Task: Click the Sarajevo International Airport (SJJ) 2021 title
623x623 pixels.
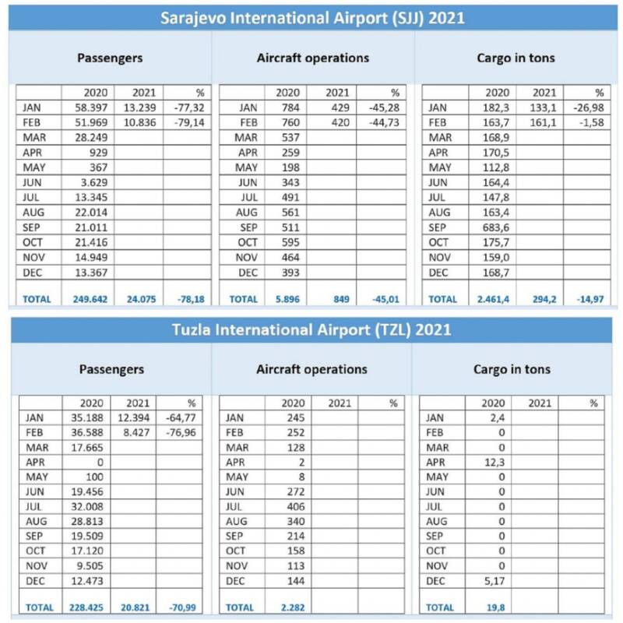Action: click(x=311, y=18)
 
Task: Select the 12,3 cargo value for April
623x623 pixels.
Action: click(x=493, y=463)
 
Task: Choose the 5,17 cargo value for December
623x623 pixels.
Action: click(x=493, y=581)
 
